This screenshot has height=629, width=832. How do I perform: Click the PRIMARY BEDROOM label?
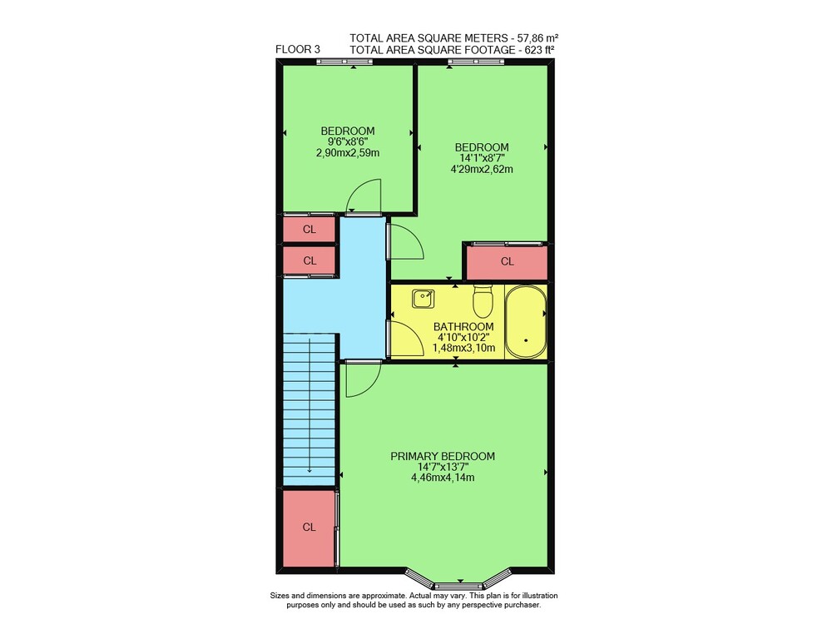click(x=443, y=456)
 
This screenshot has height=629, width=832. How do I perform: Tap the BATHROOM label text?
click(x=463, y=326)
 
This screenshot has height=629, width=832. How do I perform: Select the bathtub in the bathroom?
click(x=525, y=322)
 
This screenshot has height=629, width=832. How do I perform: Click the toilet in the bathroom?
click(x=483, y=300)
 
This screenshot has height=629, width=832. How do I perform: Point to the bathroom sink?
click(x=423, y=299)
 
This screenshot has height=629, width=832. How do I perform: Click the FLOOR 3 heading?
click(x=298, y=49)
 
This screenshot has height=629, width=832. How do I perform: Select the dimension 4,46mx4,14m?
click(x=443, y=478)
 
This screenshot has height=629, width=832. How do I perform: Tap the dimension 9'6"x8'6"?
click(x=348, y=141)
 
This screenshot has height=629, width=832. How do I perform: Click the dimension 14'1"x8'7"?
click(x=482, y=158)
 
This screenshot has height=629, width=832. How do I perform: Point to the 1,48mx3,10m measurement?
click(x=463, y=349)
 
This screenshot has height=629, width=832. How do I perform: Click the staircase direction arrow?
click(x=310, y=406)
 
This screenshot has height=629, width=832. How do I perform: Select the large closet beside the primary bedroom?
click(x=309, y=527)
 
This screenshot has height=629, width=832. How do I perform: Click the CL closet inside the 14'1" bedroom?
click(x=507, y=261)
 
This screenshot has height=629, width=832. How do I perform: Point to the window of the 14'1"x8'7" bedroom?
click(x=475, y=62)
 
